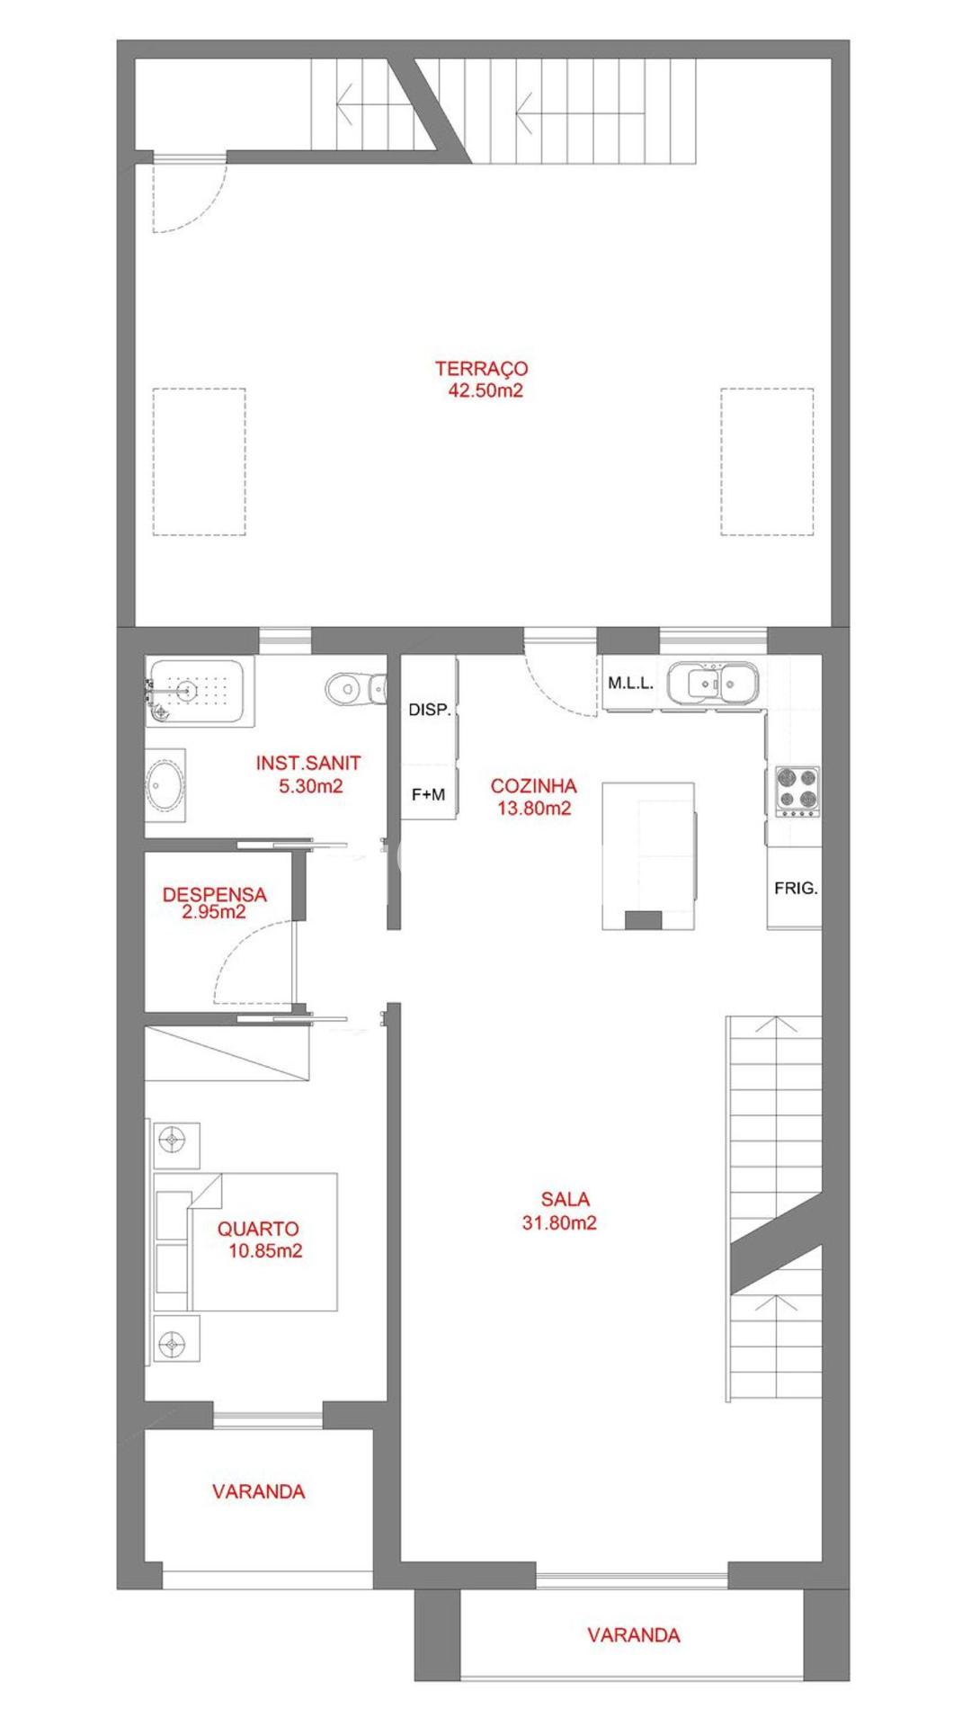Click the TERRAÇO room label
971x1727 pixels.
[481, 368]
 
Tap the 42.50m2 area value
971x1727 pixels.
[485, 390]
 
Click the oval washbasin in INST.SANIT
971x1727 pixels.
[165, 785]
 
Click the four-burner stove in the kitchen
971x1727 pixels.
[797, 791]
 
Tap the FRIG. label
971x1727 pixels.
[796, 888]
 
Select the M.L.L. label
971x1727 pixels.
[630, 683]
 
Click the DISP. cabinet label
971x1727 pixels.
[430, 710]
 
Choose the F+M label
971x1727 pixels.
[428, 794]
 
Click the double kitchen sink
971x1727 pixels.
[722, 683]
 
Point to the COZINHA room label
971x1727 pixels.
[533, 786]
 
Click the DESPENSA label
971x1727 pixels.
[214, 895]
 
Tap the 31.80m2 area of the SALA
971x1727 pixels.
[559, 1222]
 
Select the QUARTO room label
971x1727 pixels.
[258, 1229]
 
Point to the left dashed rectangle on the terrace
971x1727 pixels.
[199, 461]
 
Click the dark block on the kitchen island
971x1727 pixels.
[643, 919]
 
